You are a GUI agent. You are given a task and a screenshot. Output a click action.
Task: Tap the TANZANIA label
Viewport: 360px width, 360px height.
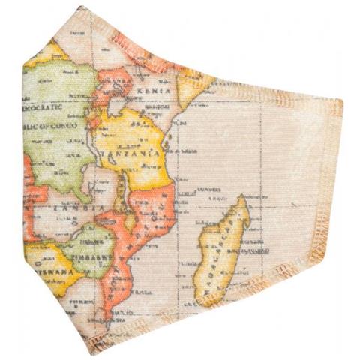coord(141,152)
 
